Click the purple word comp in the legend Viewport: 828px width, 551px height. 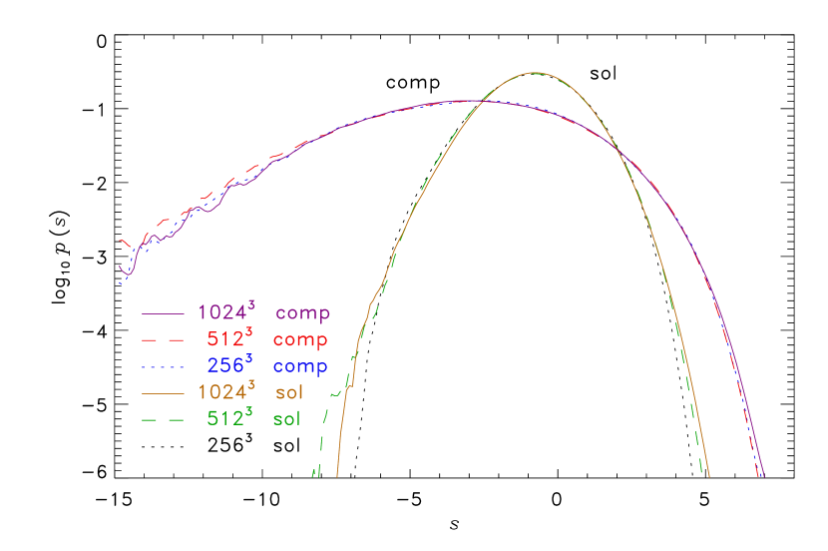coord(302,313)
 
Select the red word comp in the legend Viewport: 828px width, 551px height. coord(300,340)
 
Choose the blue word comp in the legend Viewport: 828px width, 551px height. coord(300,367)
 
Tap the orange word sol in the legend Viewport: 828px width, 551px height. coord(289,393)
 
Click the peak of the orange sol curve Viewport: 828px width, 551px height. coord(535,73)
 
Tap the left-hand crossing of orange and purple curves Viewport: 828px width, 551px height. coord(482,101)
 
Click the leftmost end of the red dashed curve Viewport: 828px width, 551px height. coord(121,241)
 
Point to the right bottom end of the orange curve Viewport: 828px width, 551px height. coord(708,477)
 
